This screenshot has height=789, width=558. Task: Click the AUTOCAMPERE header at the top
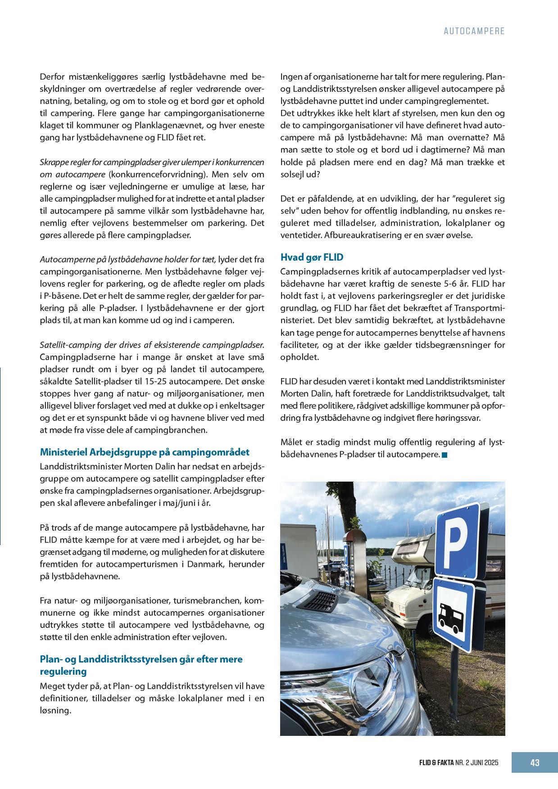pyautogui.click(x=474, y=31)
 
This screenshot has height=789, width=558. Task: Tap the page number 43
pyautogui.click(x=535, y=762)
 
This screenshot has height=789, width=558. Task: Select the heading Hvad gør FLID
pyautogui.click(x=312, y=257)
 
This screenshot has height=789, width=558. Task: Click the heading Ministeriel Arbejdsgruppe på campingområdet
pyautogui.click(x=145, y=452)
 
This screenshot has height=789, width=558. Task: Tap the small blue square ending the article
pyautogui.click(x=445, y=455)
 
